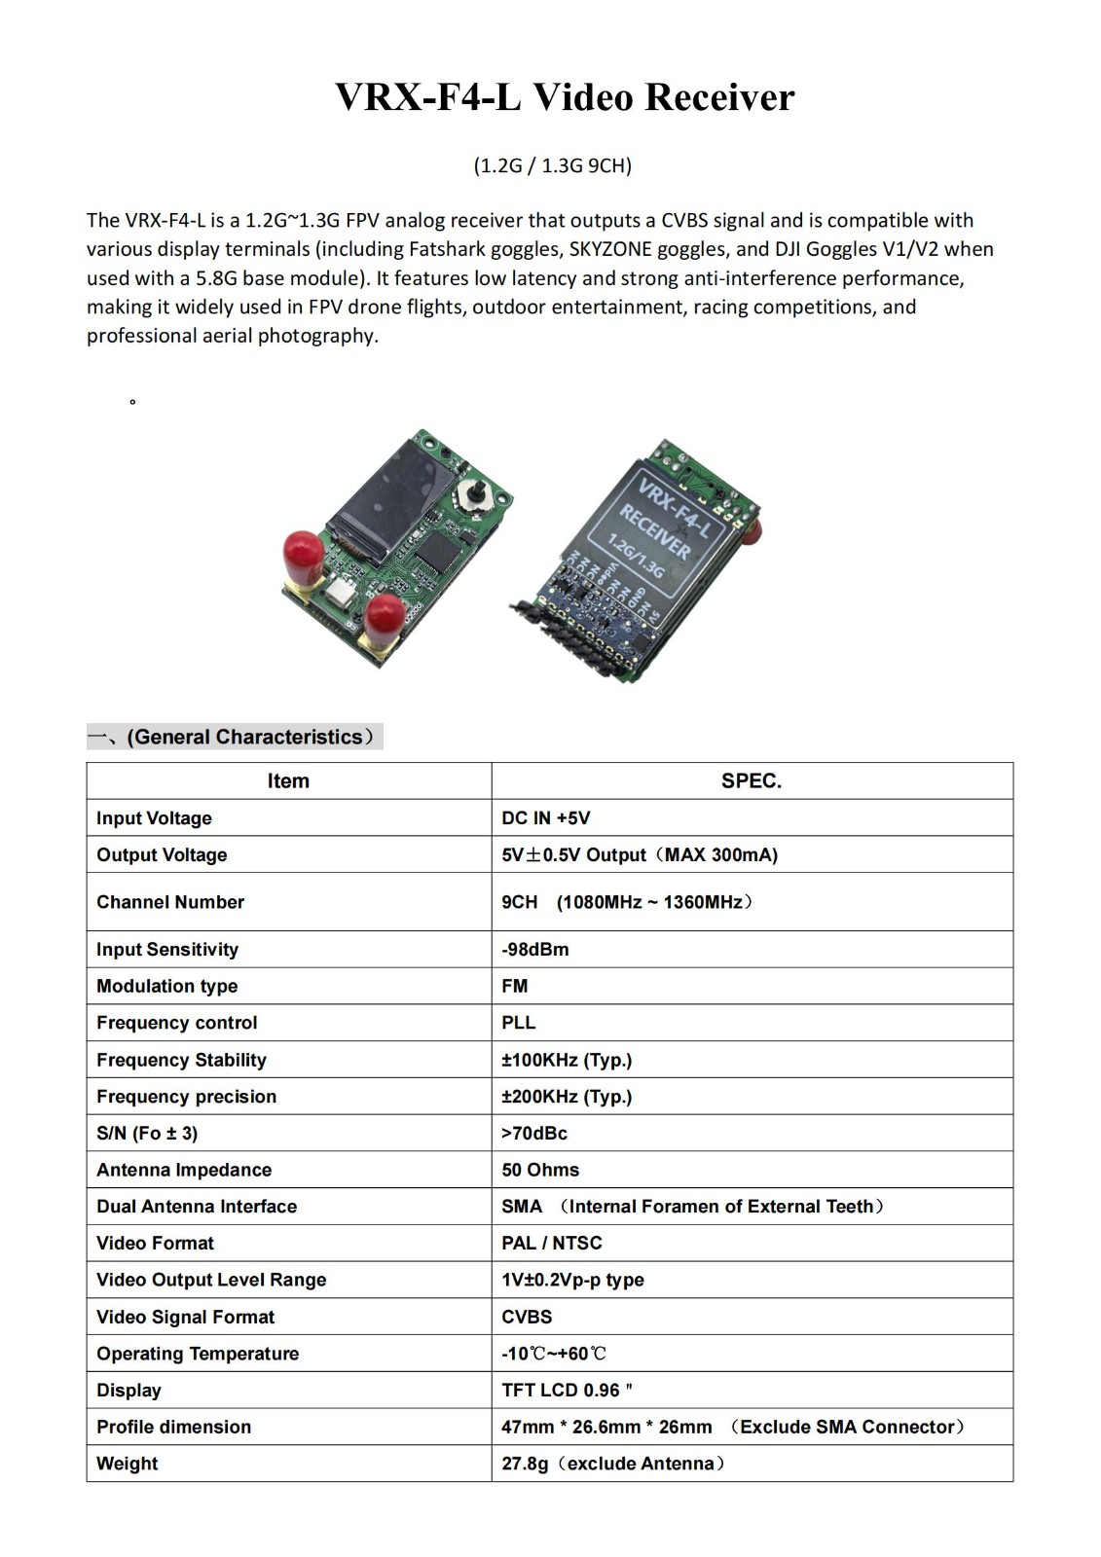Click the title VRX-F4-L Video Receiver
click(x=565, y=97)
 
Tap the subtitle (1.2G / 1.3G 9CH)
click(x=552, y=165)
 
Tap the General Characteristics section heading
click(x=235, y=737)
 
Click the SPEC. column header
click(x=751, y=781)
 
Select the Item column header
click(x=288, y=781)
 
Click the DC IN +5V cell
click(x=545, y=818)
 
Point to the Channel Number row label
click(x=170, y=902)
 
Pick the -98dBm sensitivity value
click(x=534, y=950)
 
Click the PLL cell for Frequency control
click(x=518, y=1023)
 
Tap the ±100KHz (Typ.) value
click(x=567, y=1060)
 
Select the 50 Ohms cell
click(x=540, y=1170)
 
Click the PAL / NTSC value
click(x=551, y=1243)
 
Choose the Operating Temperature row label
click(x=198, y=1354)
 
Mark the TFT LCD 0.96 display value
click(x=566, y=1391)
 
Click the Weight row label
click(x=127, y=1464)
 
